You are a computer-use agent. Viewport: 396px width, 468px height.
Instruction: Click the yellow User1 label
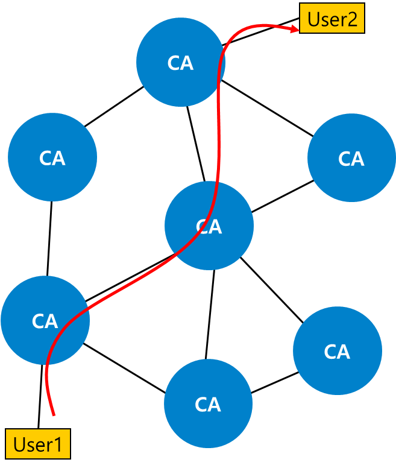38,444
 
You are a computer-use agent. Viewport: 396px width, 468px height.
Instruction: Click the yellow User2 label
332,19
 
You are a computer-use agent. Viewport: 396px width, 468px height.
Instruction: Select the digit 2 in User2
352,19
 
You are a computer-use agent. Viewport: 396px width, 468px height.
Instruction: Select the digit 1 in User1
58,445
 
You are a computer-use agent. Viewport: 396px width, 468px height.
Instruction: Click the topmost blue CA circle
180,62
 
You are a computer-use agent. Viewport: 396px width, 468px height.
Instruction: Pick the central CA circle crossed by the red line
209,226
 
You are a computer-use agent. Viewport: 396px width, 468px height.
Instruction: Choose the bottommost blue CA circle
208,403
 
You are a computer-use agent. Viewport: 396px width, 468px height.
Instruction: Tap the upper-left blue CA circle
52,157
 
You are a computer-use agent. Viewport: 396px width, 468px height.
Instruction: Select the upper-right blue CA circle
351,157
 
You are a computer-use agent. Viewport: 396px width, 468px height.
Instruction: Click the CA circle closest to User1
45,320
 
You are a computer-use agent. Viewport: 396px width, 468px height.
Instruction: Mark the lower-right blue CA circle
338,350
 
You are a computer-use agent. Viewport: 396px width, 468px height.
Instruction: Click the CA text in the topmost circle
180,63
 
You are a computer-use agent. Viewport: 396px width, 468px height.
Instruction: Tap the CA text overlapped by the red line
209,227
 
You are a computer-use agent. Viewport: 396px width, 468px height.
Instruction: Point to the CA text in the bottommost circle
208,405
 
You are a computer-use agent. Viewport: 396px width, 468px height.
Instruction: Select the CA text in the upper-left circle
52,159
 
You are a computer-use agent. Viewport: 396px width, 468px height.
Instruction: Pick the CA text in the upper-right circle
351,159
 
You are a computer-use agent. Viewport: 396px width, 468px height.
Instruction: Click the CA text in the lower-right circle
337,352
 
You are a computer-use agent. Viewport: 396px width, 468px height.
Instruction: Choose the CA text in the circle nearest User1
45,321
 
